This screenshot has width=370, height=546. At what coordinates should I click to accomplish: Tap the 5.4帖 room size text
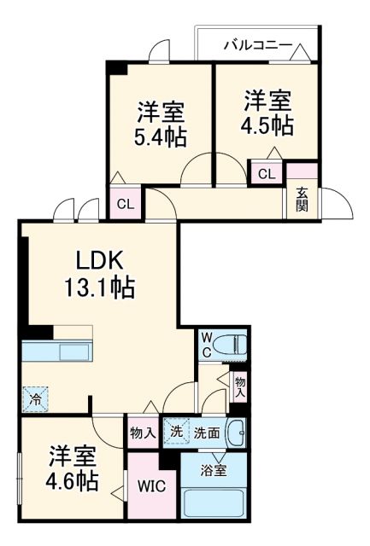click(161, 136)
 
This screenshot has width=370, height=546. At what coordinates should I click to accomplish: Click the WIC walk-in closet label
click(153, 487)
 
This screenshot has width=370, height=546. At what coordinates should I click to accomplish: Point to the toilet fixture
click(232, 344)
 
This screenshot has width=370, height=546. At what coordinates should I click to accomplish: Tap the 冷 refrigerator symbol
click(36, 397)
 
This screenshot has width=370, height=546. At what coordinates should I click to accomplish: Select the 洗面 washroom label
click(206, 433)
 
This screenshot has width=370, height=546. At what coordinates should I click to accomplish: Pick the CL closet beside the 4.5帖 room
click(267, 174)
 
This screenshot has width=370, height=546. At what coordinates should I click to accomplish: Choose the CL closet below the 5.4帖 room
click(125, 204)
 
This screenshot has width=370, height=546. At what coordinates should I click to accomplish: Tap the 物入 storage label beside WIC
click(143, 433)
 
